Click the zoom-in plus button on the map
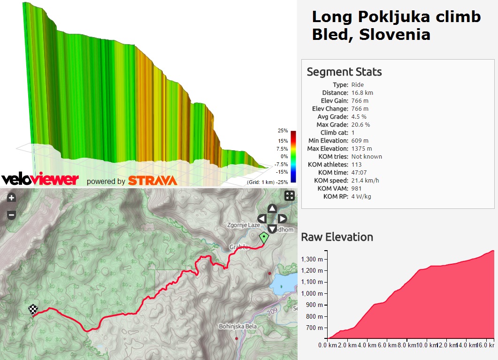[12, 198]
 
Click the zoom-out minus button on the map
[12, 215]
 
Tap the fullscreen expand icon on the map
[290, 196]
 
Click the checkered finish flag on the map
[33, 310]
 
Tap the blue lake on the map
[283, 282]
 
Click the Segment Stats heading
[344, 72]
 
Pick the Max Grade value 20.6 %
[360, 124]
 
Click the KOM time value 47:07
[360, 172]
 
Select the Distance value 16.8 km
[362, 92]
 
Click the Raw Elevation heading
[337, 237]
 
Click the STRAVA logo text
[153, 181]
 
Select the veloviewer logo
[40, 179]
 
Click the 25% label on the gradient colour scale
[283, 130]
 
